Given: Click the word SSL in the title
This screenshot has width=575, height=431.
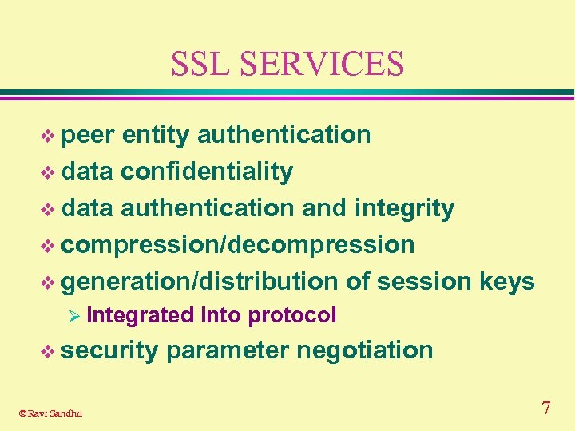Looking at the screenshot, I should point(203,64).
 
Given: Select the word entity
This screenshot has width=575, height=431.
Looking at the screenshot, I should point(155,136).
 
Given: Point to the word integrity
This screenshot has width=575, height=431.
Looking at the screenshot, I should point(405,208).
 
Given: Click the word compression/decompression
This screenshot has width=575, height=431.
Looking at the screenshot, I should point(238,245).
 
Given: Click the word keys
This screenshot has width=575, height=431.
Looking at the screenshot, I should point(507,282).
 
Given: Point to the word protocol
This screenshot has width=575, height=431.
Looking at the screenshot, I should point(292,316).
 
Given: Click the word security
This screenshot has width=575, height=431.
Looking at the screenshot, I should point(109,350).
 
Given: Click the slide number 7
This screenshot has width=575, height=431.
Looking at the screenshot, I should point(545,409).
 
